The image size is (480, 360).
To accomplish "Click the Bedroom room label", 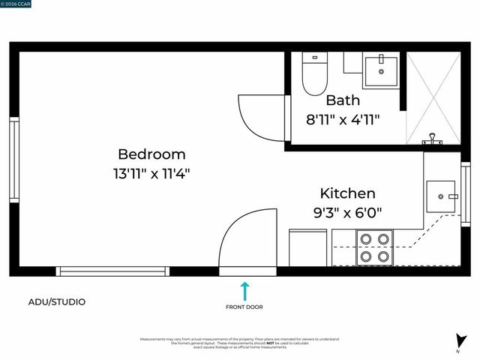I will pyautogui.click(x=151, y=154).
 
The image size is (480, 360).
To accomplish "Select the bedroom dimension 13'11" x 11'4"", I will pyautogui.click(x=151, y=173).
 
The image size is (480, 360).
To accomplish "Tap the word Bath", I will pyautogui.click(x=343, y=100).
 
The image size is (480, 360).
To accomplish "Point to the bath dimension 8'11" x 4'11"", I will pyautogui.click(x=343, y=118).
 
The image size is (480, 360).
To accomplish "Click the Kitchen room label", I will pyautogui.click(x=347, y=193).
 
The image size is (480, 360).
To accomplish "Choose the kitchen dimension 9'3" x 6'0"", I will pyautogui.click(x=347, y=212).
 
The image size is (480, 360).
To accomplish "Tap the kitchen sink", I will pyautogui.click(x=440, y=196).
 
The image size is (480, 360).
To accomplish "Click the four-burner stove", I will pyautogui.click(x=373, y=247).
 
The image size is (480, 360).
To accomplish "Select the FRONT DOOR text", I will pyautogui.click(x=244, y=307).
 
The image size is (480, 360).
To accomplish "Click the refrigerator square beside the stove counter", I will pyautogui.click(x=308, y=247).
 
